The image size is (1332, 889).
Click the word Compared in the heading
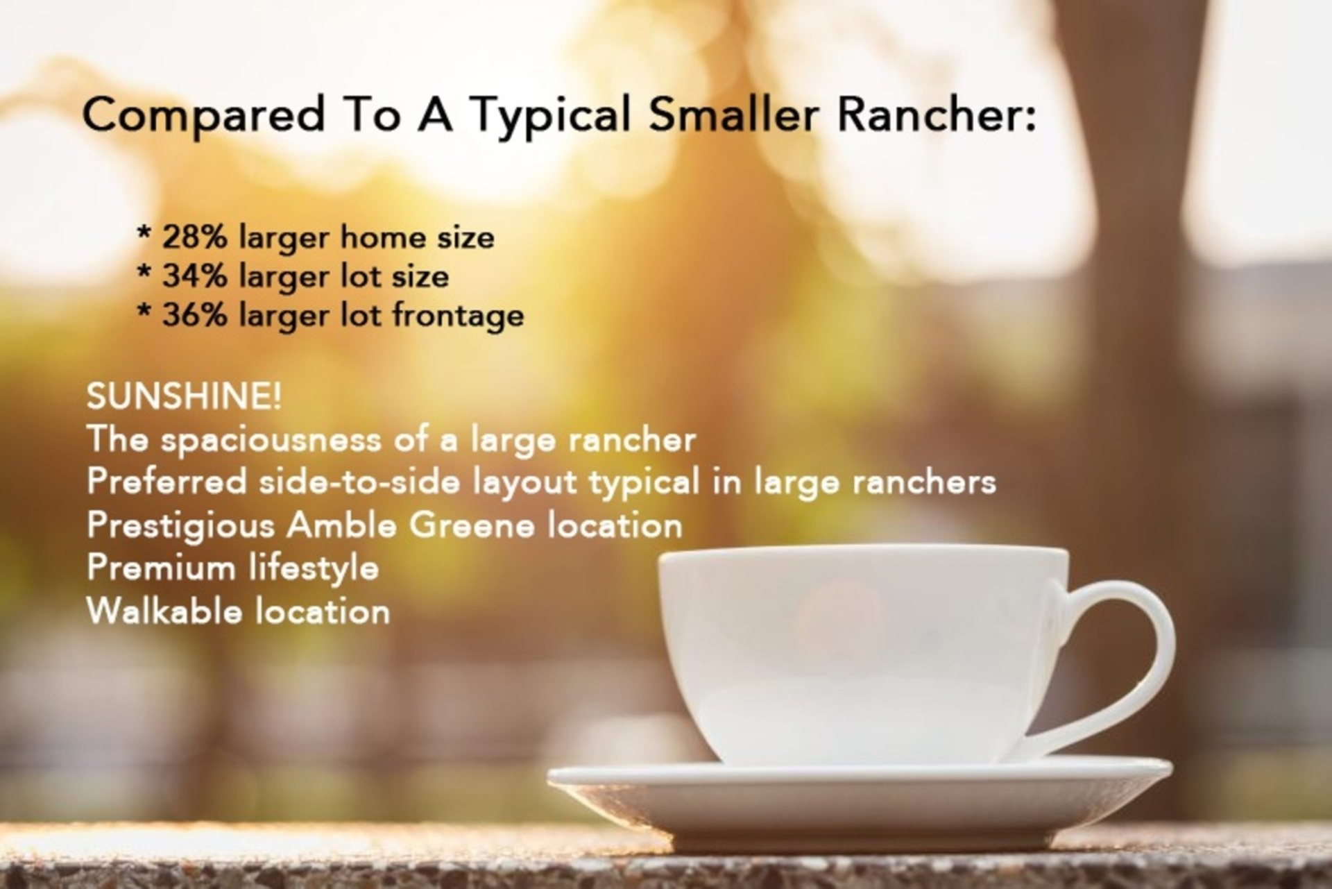tap(204, 115)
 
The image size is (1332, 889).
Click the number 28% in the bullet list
tap(194, 237)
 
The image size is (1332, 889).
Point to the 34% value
tap(194, 276)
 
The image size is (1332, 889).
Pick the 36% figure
tap(194, 315)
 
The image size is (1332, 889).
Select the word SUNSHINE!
tap(184, 396)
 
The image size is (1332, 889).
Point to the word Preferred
tap(166, 482)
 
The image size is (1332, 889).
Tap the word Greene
tap(472, 525)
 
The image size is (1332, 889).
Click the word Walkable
tap(164, 611)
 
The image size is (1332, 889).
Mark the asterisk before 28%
tap(144, 232)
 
